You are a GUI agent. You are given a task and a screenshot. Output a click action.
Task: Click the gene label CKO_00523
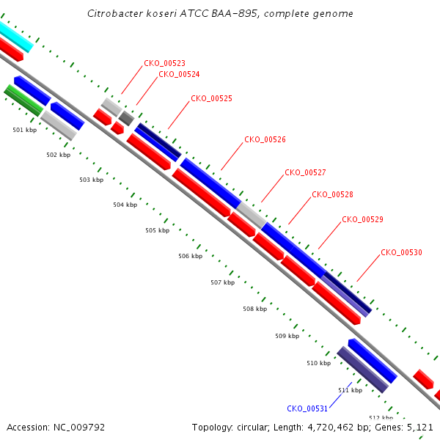(164, 63)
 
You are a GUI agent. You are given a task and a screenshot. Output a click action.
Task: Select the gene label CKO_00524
(179, 74)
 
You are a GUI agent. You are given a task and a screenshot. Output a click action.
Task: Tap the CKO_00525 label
(212, 98)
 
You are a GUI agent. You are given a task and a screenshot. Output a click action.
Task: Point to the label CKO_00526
(265, 139)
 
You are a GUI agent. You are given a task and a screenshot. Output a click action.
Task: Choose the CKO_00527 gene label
(305, 172)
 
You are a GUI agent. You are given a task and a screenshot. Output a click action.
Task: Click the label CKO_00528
(332, 194)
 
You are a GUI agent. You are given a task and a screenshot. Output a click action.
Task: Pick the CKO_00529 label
(362, 219)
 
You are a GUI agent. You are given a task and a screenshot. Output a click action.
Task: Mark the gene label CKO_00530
(401, 252)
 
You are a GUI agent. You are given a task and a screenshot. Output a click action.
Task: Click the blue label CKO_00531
(307, 408)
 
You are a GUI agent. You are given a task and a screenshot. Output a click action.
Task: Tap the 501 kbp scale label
(25, 130)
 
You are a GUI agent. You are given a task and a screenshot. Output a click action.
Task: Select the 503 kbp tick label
(92, 180)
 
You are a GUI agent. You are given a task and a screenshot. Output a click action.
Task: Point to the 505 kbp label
(158, 230)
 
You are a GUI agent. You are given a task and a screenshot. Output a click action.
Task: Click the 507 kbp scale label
(223, 282)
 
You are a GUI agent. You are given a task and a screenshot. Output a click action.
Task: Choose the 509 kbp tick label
(287, 336)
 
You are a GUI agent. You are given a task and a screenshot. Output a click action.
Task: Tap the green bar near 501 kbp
(24, 100)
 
